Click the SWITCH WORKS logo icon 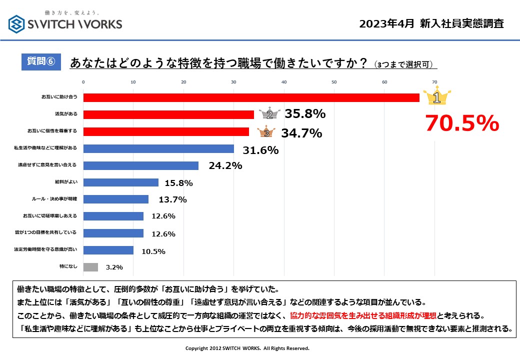[x=17, y=23]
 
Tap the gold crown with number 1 [x=436, y=97]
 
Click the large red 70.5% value [x=462, y=123]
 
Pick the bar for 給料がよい [x=121, y=182]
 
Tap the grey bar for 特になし [x=90, y=267]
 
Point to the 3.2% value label [x=114, y=267]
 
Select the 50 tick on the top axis [x=334, y=82]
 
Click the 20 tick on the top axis [x=183, y=82]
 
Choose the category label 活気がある [x=66, y=114]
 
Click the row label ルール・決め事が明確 [x=54, y=199]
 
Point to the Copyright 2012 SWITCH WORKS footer [x=247, y=348]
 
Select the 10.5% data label [x=153, y=251]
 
